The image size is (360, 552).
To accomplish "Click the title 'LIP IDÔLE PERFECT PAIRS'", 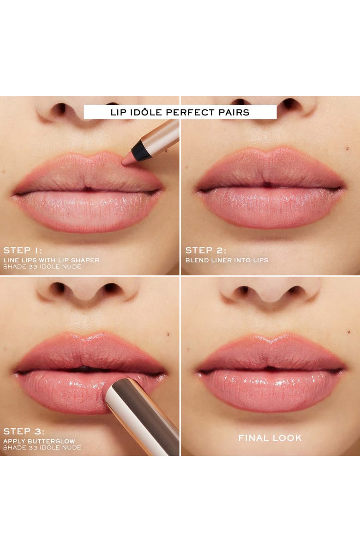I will click(180, 112).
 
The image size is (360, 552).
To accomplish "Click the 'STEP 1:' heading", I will click(23, 251).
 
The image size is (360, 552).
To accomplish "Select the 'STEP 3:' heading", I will click(23, 432).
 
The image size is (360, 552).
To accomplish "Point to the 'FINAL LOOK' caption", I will click(270, 438).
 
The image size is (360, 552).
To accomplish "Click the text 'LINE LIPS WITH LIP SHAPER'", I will click(51, 260).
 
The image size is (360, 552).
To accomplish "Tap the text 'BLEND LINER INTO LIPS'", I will click(227, 260).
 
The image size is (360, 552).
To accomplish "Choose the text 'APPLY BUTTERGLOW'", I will click(39, 441).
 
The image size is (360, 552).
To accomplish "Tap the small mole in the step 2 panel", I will click(346, 149).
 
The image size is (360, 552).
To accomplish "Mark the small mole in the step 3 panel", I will click(168, 334).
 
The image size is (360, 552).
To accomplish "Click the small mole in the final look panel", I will click(347, 331).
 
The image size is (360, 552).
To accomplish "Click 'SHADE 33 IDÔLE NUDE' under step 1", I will click(42, 267).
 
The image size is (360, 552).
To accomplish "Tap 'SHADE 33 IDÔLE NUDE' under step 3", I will click(42, 448).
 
